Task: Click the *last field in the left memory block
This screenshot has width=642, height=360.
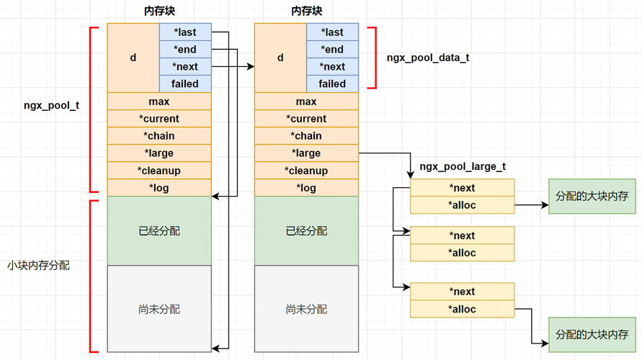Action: tap(185, 32)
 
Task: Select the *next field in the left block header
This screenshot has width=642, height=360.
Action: tap(185, 66)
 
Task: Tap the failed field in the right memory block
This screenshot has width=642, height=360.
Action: tap(332, 84)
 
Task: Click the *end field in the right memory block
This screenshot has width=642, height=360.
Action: tap(332, 49)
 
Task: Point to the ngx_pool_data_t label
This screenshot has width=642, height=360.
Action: tap(428, 58)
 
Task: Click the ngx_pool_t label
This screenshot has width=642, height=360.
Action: tap(52, 106)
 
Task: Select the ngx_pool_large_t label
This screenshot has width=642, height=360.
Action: tap(463, 166)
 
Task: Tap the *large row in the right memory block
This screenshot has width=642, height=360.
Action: tap(306, 153)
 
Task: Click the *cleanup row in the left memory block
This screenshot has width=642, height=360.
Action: tap(159, 171)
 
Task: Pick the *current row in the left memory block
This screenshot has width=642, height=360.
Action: tap(159, 119)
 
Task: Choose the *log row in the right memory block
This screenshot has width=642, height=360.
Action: tap(306, 188)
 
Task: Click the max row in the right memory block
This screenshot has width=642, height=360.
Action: tap(306, 102)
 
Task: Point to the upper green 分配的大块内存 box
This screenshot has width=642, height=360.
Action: tap(592, 196)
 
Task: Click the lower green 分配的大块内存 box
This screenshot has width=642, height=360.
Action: tap(592, 335)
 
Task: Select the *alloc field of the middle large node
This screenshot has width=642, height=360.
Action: tap(463, 253)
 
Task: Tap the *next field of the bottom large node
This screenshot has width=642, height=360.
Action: tap(463, 292)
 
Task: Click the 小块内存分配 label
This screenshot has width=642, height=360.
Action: tap(38, 266)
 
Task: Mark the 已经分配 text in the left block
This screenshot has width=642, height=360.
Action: tap(159, 231)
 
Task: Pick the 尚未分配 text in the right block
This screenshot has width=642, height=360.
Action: tap(306, 310)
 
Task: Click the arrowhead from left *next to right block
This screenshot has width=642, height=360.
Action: tap(251, 66)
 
